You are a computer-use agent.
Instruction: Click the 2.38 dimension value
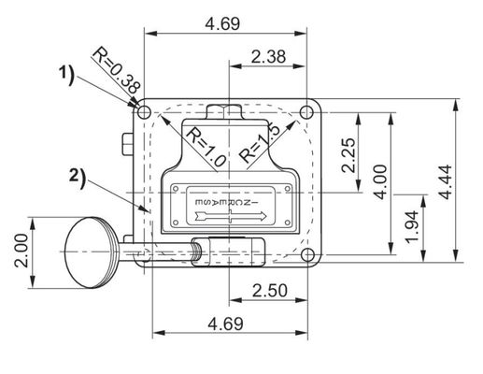269,57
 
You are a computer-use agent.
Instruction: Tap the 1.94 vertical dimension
411,226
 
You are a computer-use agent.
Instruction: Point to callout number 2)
77,172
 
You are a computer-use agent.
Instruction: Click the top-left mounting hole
144,112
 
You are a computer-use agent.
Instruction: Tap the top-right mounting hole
307,112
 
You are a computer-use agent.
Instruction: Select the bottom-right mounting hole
307,254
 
